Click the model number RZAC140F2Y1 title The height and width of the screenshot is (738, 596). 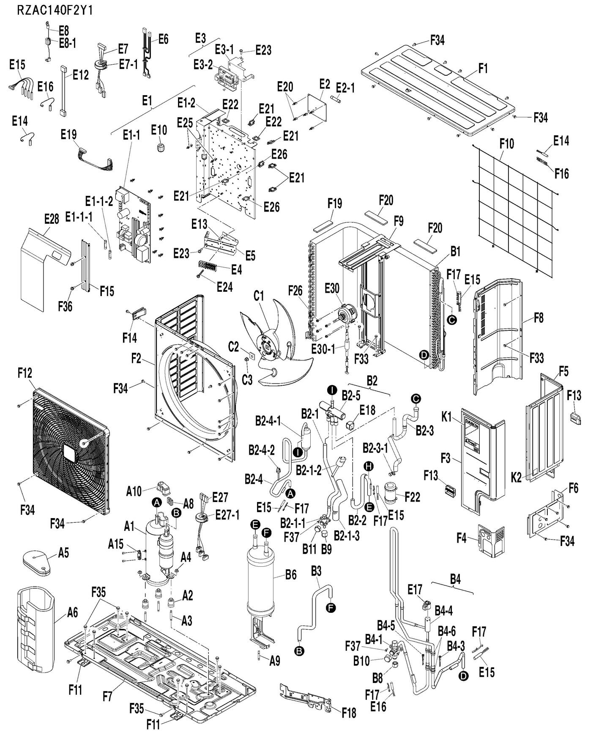coord(55,10)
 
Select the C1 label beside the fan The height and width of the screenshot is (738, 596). coord(259,296)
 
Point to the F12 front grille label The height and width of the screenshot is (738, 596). coord(25,373)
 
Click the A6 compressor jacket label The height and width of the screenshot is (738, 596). coord(73,612)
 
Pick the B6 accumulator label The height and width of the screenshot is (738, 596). coord(291,574)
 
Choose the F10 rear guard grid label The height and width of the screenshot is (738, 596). coord(506,144)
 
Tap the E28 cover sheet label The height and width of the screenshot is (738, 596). coord(52,219)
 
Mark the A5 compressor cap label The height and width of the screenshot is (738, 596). coord(63,552)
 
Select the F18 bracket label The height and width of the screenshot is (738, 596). coord(349,713)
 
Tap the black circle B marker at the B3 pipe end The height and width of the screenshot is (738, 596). coord(299,651)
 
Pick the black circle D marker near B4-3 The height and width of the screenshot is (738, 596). coord(464,676)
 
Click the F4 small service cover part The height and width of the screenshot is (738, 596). coord(491,539)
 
